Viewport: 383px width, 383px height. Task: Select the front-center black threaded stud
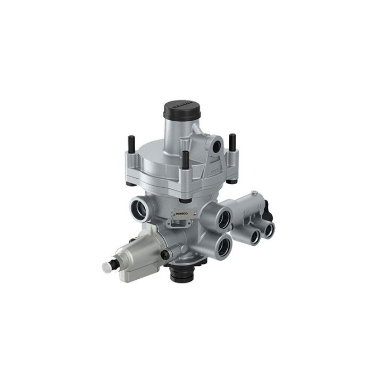[184, 160]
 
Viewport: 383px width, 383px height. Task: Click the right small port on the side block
[269, 229]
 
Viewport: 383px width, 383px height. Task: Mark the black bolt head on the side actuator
[166, 255]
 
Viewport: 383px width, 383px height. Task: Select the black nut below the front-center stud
[185, 200]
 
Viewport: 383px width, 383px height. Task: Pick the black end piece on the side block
[268, 213]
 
